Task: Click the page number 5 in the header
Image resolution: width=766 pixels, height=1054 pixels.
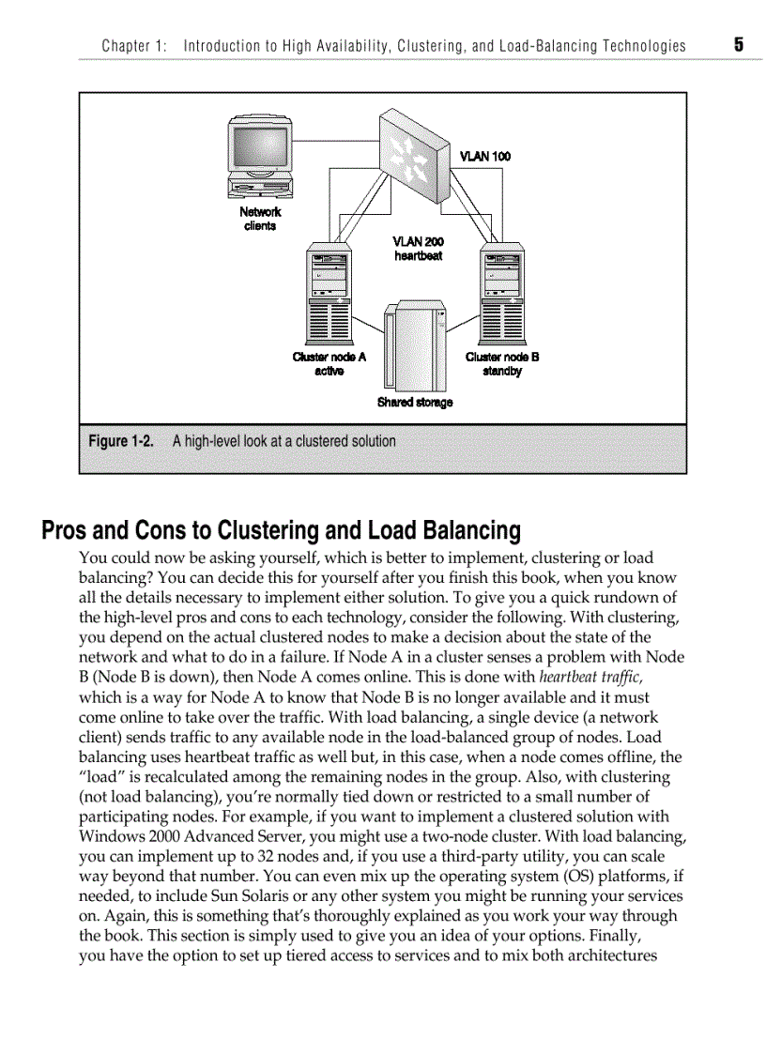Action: (x=739, y=44)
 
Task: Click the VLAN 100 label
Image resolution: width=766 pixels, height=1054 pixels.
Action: (x=485, y=156)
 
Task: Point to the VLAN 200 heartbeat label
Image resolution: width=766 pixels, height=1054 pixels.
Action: (x=418, y=249)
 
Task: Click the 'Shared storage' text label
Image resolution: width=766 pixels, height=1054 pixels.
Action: (x=414, y=403)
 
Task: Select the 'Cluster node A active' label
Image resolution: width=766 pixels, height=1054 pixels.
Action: (x=329, y=364)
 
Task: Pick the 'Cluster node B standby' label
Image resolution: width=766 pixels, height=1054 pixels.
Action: (x=502, y=364)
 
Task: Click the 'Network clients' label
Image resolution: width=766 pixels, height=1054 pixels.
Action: (x=260, y=219)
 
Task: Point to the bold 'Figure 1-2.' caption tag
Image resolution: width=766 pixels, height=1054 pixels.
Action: (x=121, y=441)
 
